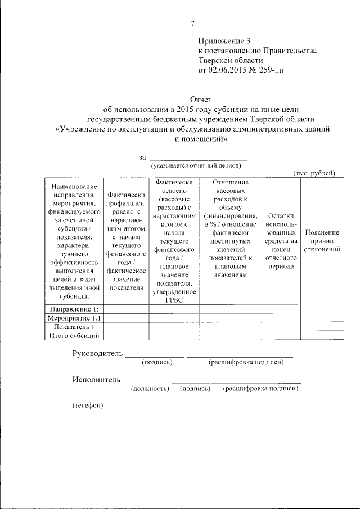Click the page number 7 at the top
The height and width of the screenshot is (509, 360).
pyautogui.click(x=192, y=24)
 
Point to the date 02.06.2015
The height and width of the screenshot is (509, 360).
pyautogui.click(x=229, y=70)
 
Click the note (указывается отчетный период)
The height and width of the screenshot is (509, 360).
pyautogui.click(x=195, y=165)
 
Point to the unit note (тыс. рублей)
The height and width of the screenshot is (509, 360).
pyautogui.click(x=314, y=174)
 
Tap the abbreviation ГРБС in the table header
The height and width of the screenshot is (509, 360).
pyautogui.click(x=174, y=300)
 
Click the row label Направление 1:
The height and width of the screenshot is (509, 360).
pyautogui.click(x=74, y=309)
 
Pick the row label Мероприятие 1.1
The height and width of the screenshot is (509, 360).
pyautogui.click(x=74, y=318)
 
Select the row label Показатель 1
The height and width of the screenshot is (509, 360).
pyautogui.click(x=74, y=327)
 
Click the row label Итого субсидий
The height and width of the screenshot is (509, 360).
pyautogui.click(x=74, y=336)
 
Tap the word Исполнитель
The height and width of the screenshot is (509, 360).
pyautogui.click(x=96, y=379)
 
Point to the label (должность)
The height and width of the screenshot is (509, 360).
pyautogui.click(x=150, y=388)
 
